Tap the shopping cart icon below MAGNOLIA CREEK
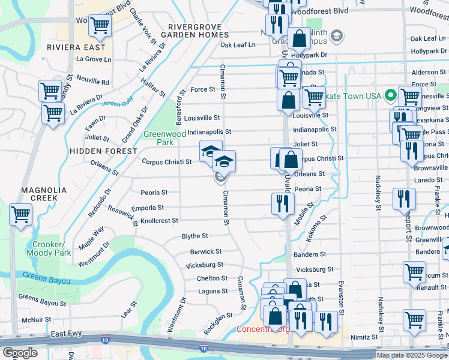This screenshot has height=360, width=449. (21, 214)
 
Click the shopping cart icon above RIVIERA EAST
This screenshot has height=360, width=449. (100, 26)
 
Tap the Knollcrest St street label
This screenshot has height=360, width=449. (158, 221)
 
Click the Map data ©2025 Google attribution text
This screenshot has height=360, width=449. (412, 355)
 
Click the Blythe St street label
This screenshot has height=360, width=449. (194, 236)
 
